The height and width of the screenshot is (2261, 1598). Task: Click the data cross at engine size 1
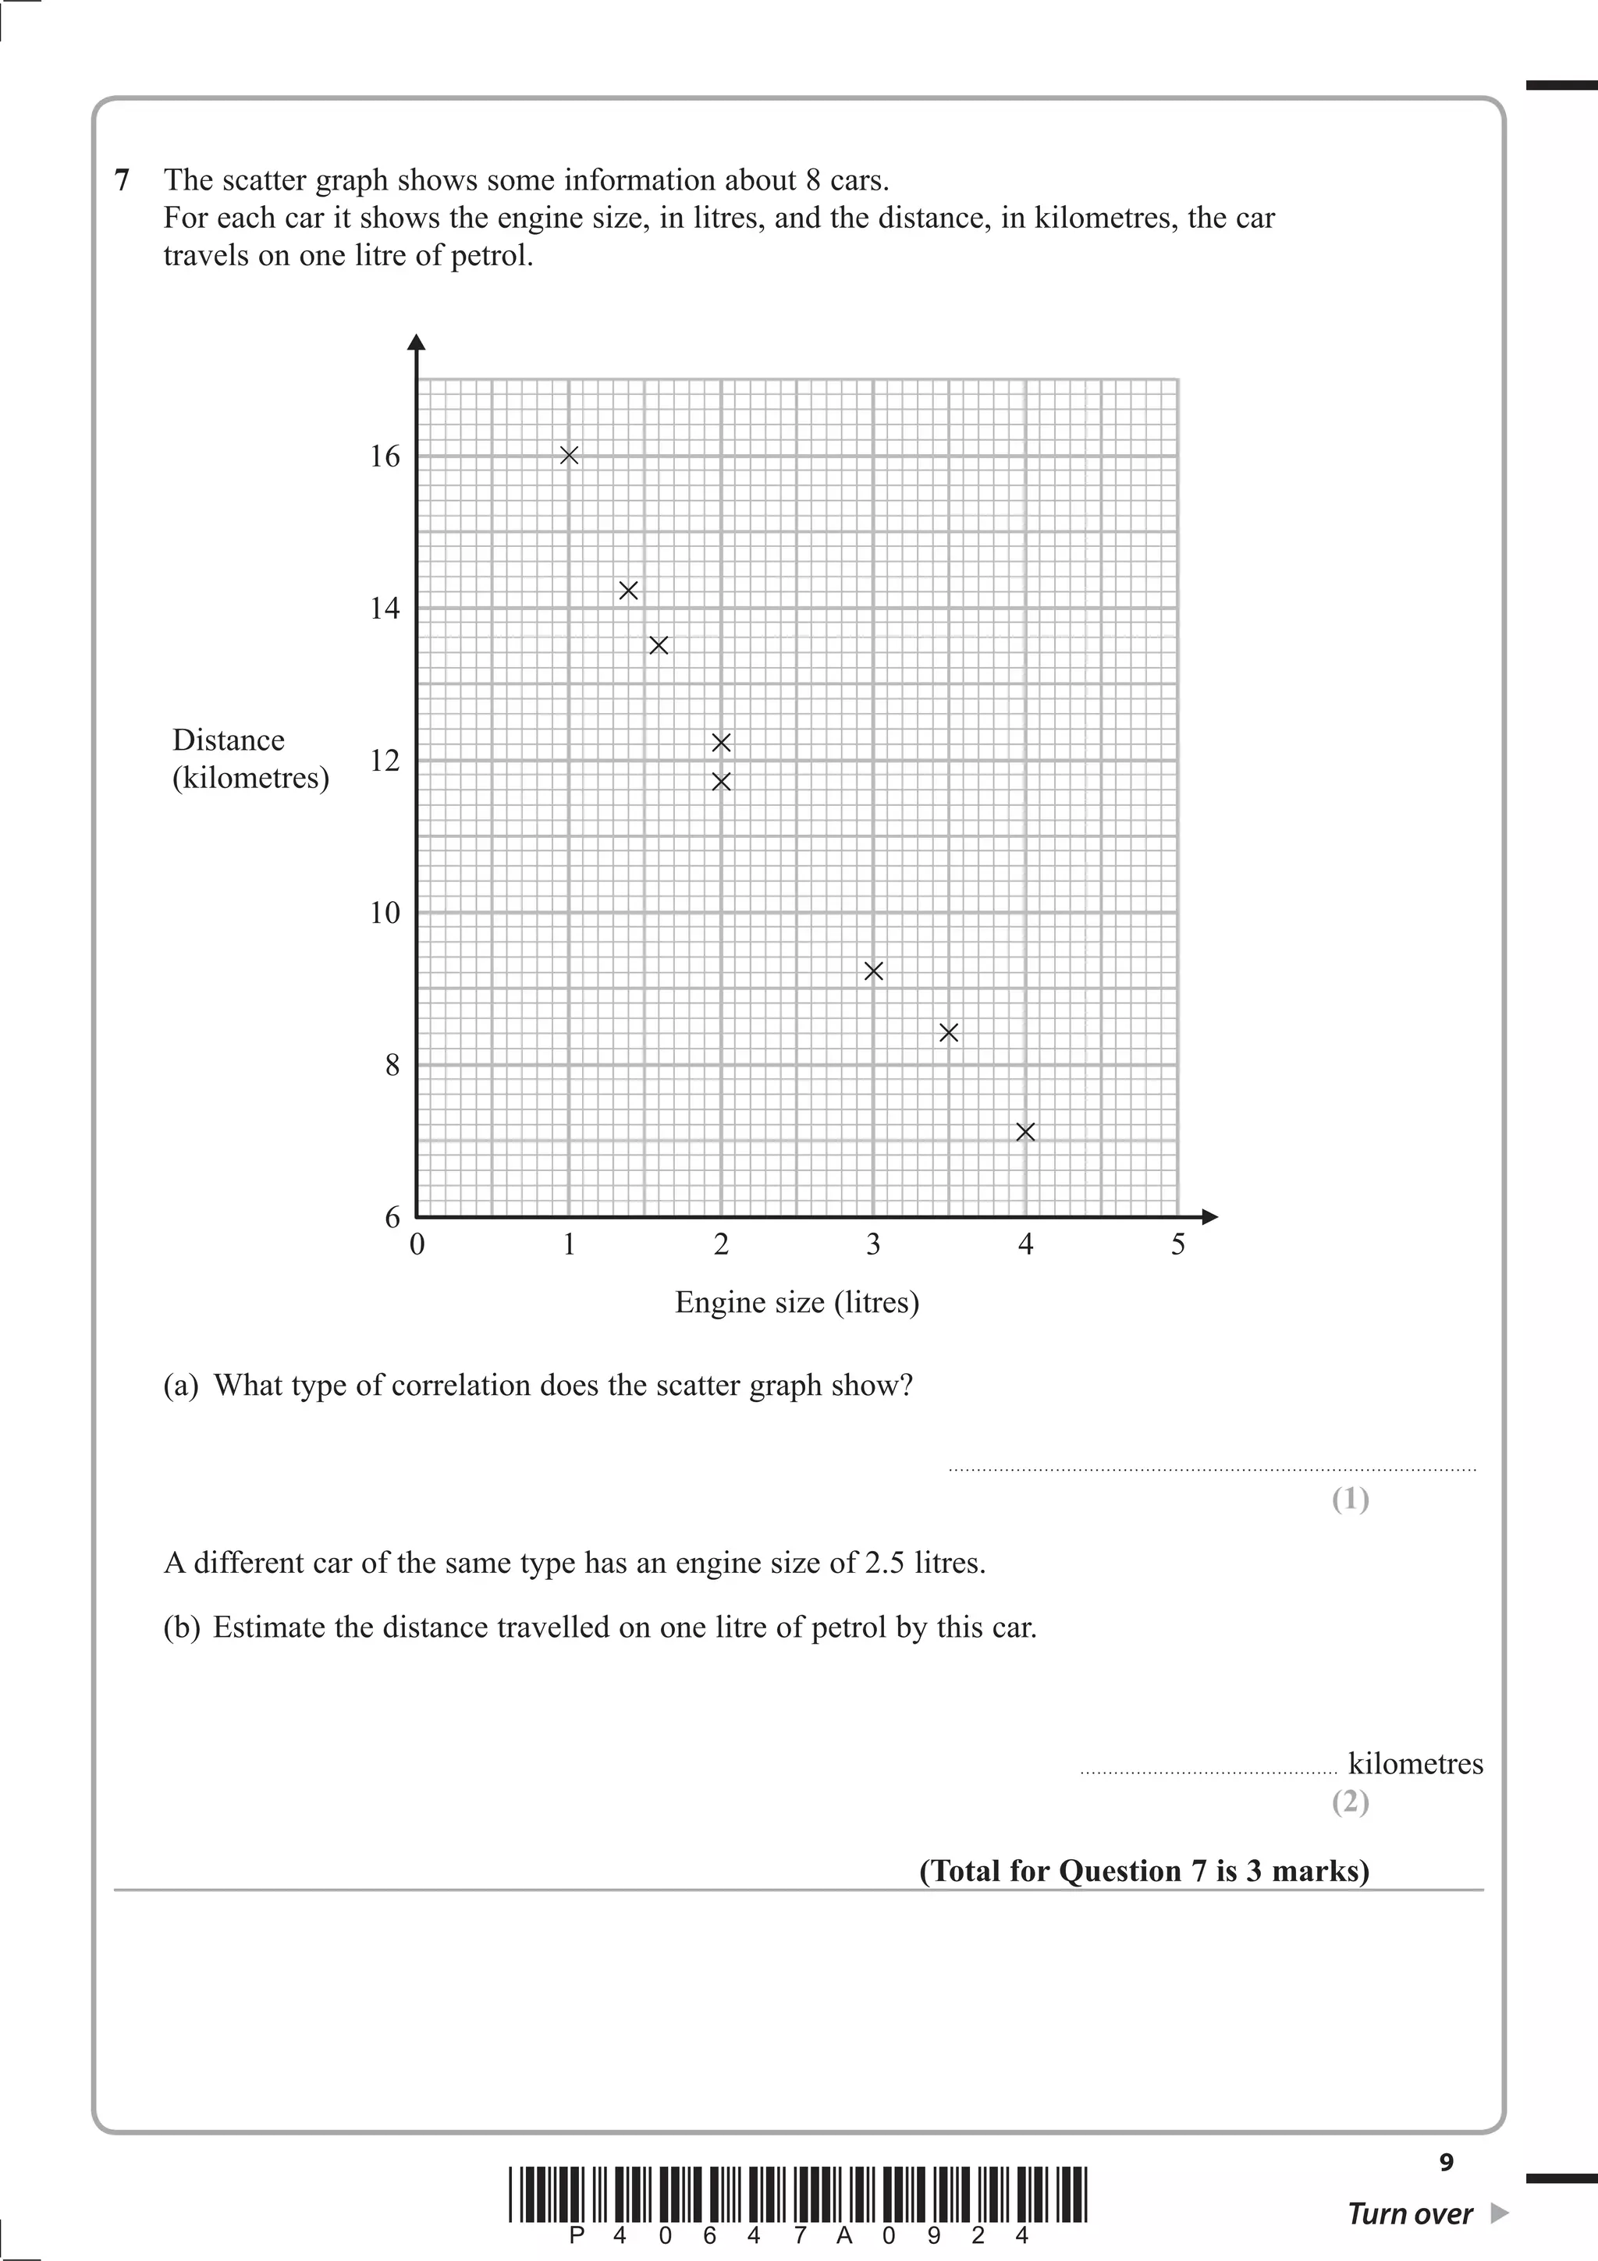[x=569, y=455]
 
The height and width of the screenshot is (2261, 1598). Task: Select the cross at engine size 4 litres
[x=1025, y=1133]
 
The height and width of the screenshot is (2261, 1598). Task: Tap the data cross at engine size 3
[x=873, y=971]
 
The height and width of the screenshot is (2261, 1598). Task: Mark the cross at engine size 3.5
[x=949, y=1032]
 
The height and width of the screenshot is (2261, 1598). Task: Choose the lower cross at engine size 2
[x=721, y=782]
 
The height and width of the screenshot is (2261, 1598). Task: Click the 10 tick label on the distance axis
[x=385, y=913]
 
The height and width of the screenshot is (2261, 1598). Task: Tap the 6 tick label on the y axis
[x=392, y=1217]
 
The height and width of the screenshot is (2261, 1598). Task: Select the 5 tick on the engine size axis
[x=1177, y=1244]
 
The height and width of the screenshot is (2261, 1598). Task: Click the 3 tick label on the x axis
[x=873, y=1244]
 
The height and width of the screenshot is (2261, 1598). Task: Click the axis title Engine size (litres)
[x=797, y=1303]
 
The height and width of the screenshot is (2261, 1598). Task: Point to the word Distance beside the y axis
[x=229, y=740]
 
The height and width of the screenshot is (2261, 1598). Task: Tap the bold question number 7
[x=122, y=180]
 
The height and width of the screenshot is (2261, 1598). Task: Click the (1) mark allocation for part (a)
[x=1350, y=1500]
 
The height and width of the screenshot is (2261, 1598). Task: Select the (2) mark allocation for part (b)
[x=1350, y=1802]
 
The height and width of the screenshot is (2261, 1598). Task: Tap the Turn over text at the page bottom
[x=1409, y=2215]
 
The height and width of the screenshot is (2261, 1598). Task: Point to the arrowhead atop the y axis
[x=417, y=342]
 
